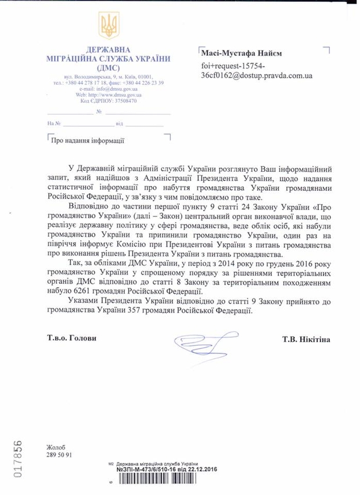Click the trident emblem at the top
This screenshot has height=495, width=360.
[109, 26]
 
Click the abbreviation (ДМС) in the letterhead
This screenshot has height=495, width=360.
[109, 67]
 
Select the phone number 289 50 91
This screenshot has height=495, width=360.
[59, 456]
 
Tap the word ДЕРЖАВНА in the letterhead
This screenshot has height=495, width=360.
[109, 49]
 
